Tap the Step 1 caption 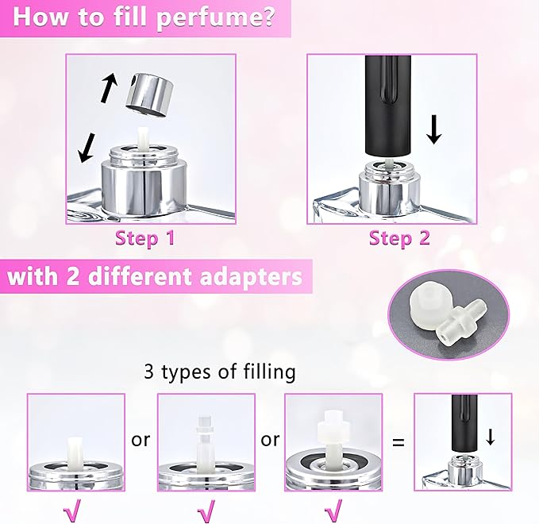(145, 238)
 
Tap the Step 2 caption (399, 238)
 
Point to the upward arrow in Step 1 (109, 88)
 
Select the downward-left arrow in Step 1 (87, 148)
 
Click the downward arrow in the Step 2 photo (434, 129)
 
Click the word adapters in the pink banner (251, 277)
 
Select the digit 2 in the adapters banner (73, 277)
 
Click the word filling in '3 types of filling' (270, 372)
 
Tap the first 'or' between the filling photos (141, 439)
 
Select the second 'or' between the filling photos (270, 439)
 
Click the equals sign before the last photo (398, 441)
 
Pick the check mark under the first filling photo (72, 511)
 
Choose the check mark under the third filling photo (333, 511)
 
